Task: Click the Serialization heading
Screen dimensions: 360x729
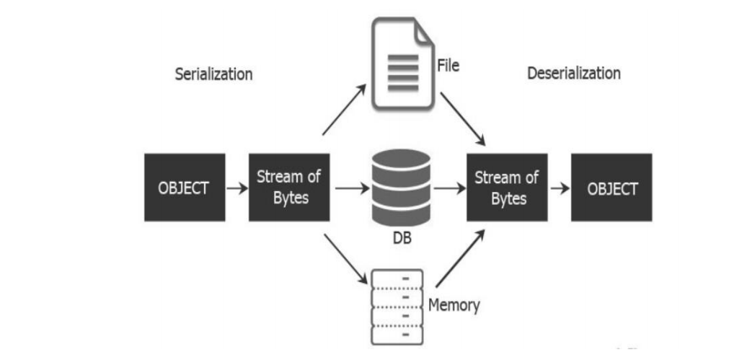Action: [213, 74]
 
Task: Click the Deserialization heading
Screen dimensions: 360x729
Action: [573, 73]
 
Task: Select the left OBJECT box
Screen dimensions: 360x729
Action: [184, 188]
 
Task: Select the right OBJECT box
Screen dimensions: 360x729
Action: [611, 188]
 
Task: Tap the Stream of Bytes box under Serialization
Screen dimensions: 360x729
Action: [289, 188]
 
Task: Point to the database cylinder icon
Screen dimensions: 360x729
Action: [402, 187]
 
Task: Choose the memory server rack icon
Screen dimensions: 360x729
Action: [397, 307]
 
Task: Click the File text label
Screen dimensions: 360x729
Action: [448, 66]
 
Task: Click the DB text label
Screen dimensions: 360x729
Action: [402, 239]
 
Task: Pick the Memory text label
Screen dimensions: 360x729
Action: [454, 304]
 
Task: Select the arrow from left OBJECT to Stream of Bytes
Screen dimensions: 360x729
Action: [237, 188]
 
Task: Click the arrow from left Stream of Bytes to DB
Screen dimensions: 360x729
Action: [351, 188]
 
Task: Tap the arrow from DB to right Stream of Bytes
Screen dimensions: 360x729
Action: [449, 188]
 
